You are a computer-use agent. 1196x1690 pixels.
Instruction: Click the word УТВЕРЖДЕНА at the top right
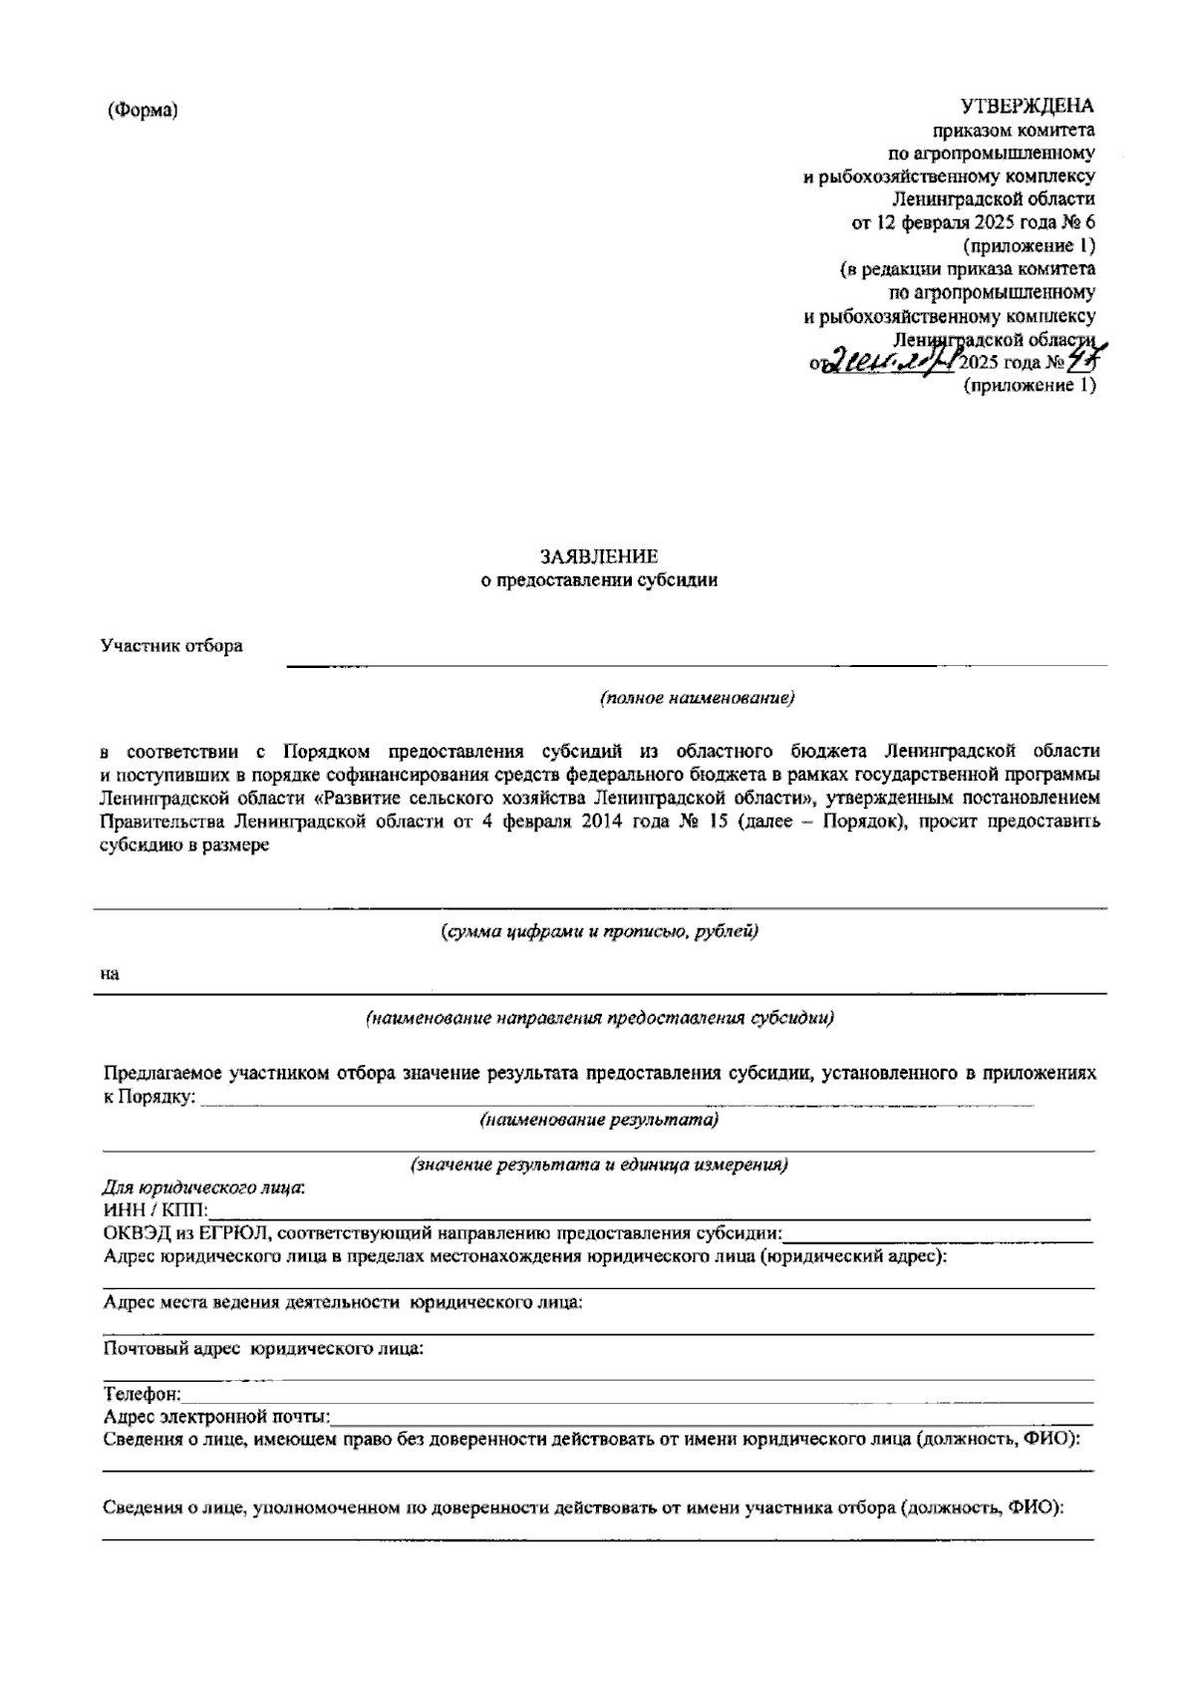click(1027, 107)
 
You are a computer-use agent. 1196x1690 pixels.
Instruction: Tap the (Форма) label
click(143, 111)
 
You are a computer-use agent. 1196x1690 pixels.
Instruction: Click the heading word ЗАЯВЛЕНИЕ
click(598, 556)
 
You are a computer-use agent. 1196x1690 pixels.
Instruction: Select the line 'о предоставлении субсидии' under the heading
click(598, 580)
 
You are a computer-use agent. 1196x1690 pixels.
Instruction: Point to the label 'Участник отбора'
click(171, 646)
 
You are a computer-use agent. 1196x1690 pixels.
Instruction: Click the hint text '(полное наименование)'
click(697, 698)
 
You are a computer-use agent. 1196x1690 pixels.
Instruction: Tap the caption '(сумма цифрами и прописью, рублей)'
click(599, 932)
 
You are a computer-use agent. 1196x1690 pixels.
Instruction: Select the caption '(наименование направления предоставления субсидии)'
click(599, 1018)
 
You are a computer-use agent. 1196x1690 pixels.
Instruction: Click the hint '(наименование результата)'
click(599, 1120)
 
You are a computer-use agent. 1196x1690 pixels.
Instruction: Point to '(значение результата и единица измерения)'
click(599, 1165)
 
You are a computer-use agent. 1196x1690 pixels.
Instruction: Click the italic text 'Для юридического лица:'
click(204, 1187)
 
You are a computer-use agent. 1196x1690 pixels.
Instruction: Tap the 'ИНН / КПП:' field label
click(155, 1210)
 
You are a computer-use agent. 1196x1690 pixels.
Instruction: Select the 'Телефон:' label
click(143, 1394)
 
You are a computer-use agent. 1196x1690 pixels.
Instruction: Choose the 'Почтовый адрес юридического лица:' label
click(263, 1349)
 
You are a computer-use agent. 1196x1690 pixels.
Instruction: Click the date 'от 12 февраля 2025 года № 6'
click(973, 222)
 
